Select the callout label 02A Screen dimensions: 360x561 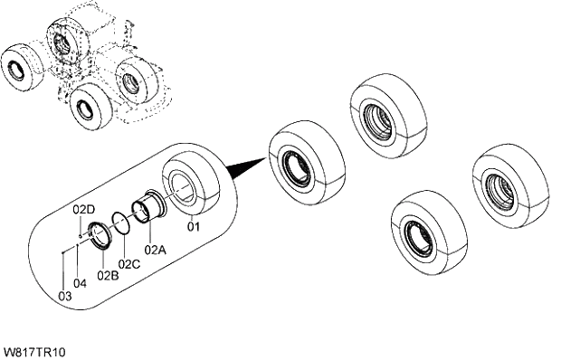pyautogui.click(x=154, y=248)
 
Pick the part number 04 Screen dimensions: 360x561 pyautogui.click(x=80, y=283)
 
